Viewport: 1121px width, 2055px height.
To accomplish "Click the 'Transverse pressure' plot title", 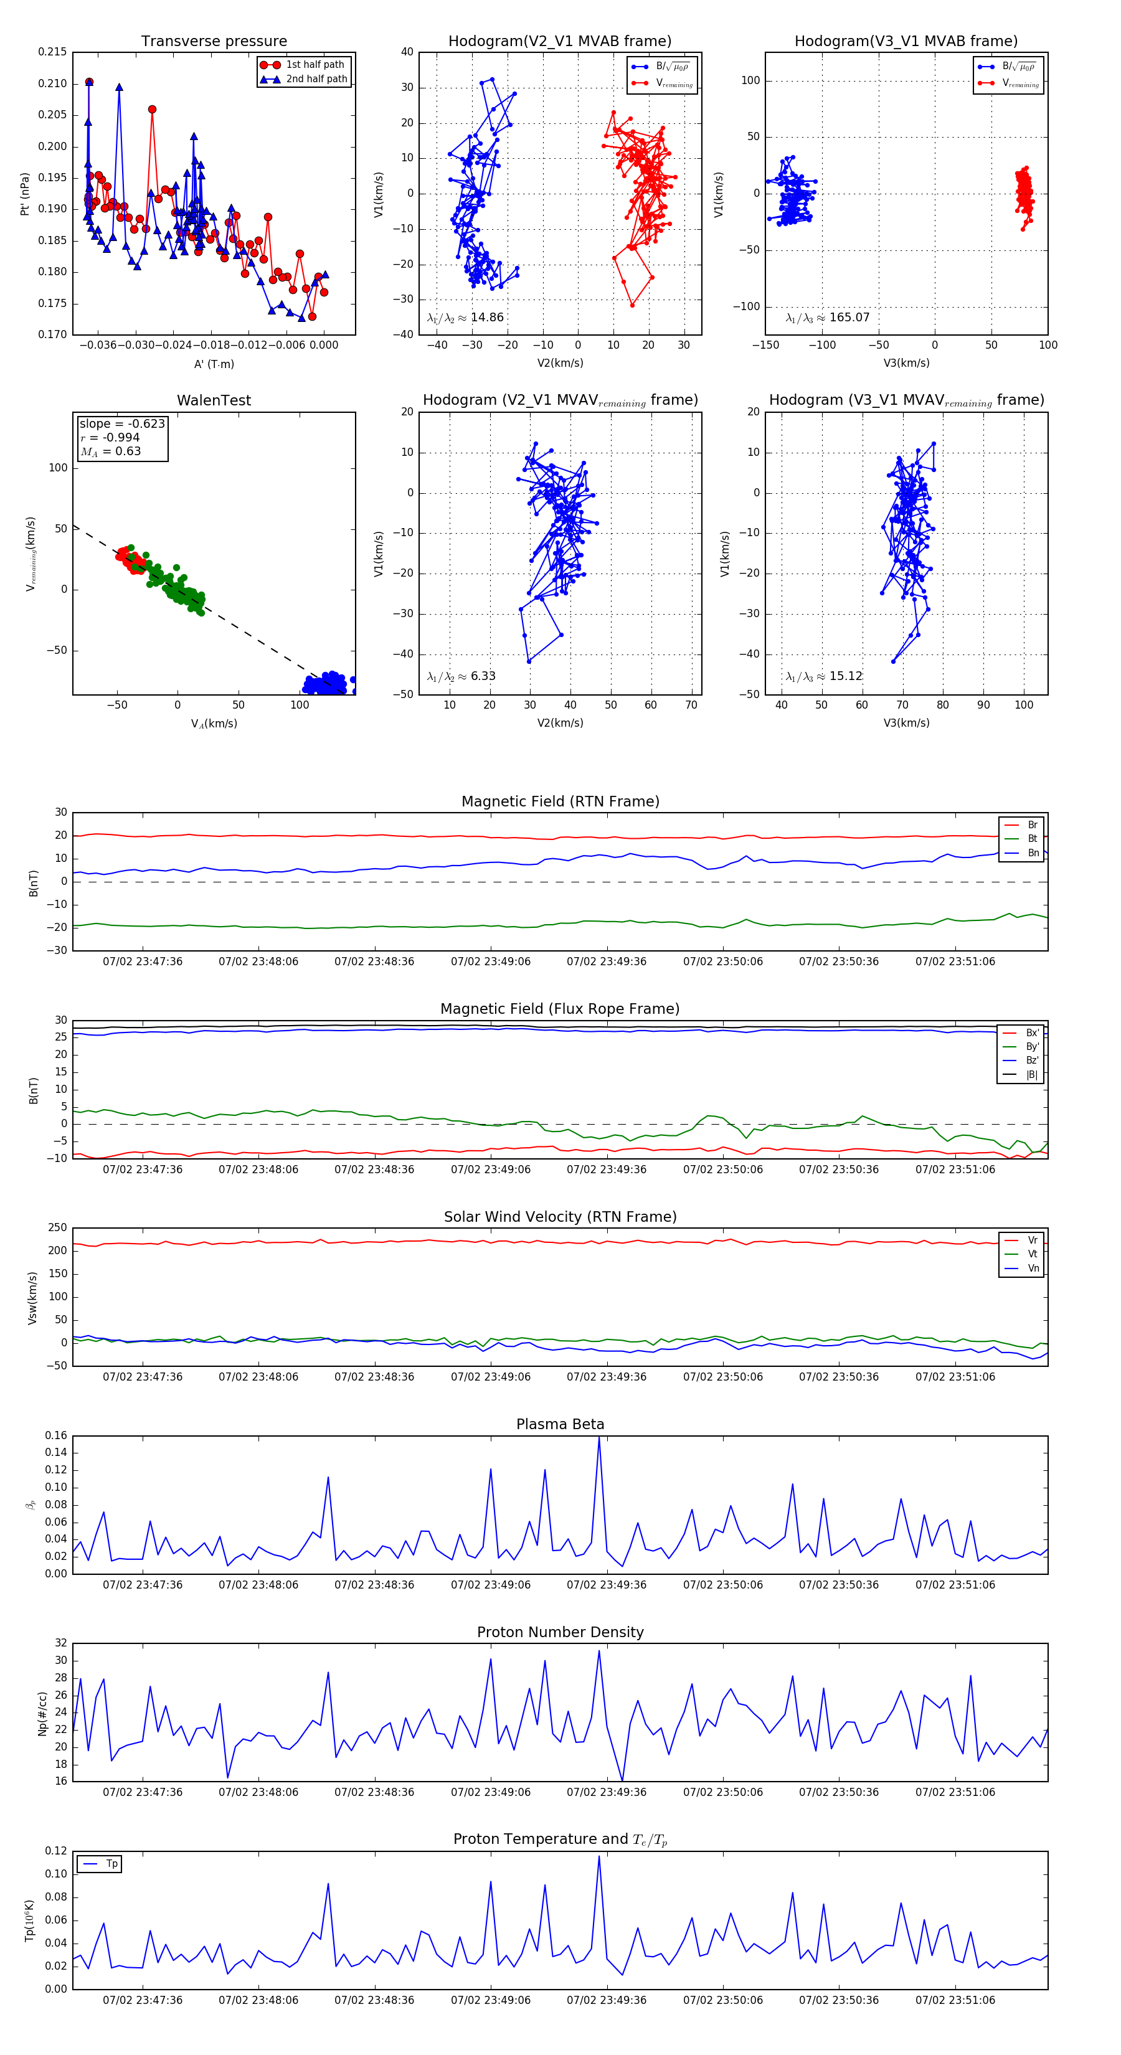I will (x=214, y=42).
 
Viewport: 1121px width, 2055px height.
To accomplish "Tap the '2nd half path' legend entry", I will (x=316, y=79).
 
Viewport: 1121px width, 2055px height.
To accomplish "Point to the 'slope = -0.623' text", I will (x=122, y=423).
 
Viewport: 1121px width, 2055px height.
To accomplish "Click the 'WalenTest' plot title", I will (x=214, y=400).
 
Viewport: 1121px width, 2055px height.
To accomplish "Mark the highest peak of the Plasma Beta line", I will (x=599, y=1437).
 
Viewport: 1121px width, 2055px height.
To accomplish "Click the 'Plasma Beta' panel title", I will (x=560, y=1425).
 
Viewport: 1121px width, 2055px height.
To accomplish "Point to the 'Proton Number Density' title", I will (x=560, y=1632).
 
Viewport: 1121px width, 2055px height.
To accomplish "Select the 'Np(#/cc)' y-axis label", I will (x=42, y=1714).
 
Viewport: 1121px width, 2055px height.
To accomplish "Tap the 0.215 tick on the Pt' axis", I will (x=53, y=52).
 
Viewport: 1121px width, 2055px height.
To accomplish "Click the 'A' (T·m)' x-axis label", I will (x=214, y=364).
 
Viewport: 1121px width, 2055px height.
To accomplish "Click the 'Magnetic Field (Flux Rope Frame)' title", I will (x=560, y=1009).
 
